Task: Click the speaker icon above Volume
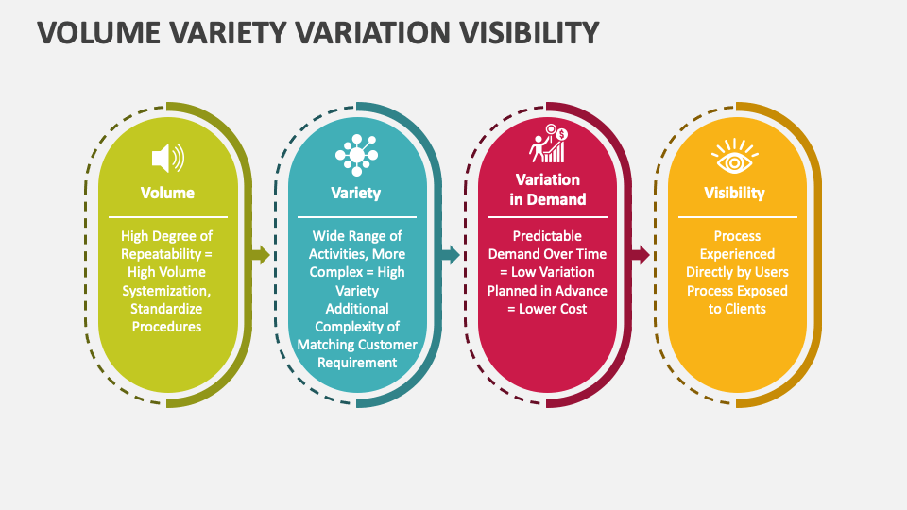tap(168, 158)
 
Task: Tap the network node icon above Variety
tap(356, 155)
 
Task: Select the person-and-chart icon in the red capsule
tap(548, 144)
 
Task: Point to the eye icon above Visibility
tap(735, 156)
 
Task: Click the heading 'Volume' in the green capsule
tap(167, 193)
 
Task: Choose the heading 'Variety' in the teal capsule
tap(356, 193)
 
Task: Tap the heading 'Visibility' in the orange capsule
tap(734, 193)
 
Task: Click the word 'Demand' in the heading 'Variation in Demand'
tap(556, 199)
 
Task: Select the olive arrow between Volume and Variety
tap(261, 254)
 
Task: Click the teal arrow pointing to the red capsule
tap(451, 254)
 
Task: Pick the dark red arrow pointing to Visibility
tap(641, 254)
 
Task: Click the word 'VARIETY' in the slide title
tap(228, 32)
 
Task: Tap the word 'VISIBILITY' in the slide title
tap(529, 32)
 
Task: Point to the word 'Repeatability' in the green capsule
tap(161, 254)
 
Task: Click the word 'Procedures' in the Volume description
tap(166, 327)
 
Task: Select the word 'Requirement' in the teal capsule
tap(357, 363)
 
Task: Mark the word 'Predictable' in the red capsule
tap(547, 236)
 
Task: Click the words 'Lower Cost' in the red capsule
tap(553, 309)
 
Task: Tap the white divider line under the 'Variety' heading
tap(357, 217)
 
